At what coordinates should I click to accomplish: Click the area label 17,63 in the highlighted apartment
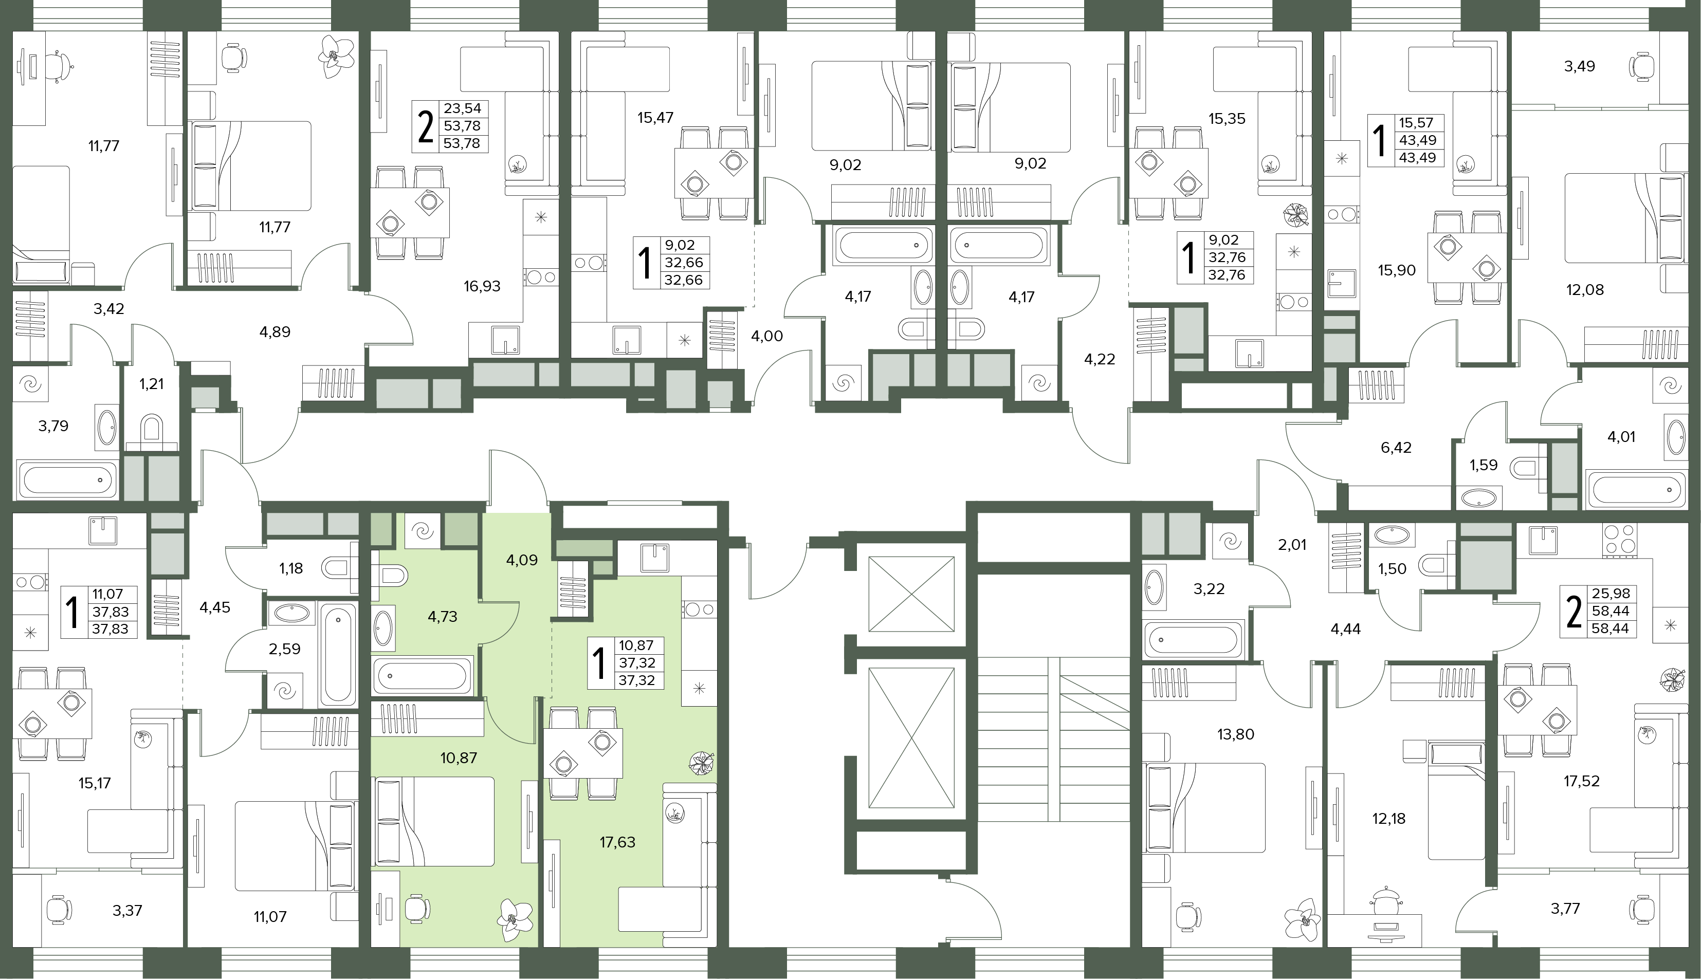click(x=617, y=842)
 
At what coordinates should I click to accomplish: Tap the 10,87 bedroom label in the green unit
click(x=458, y=758)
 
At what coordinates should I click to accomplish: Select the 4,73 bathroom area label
click(x=442, y=616)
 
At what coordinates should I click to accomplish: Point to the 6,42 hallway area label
click(x=1396, y=447)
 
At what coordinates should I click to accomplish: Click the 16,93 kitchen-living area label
click(x=482, y=286)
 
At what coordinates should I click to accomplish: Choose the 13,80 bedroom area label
click(x=1236, y=734)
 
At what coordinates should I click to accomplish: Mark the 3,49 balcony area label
click(x=1579, y=66)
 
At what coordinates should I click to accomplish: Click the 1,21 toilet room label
click(x=151, y=384)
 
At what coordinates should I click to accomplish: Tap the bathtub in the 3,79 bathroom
click(x=67, y=479)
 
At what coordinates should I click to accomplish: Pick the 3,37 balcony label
click(x=126, y=911)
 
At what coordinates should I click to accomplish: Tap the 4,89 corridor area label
click(x=275, y=331)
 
